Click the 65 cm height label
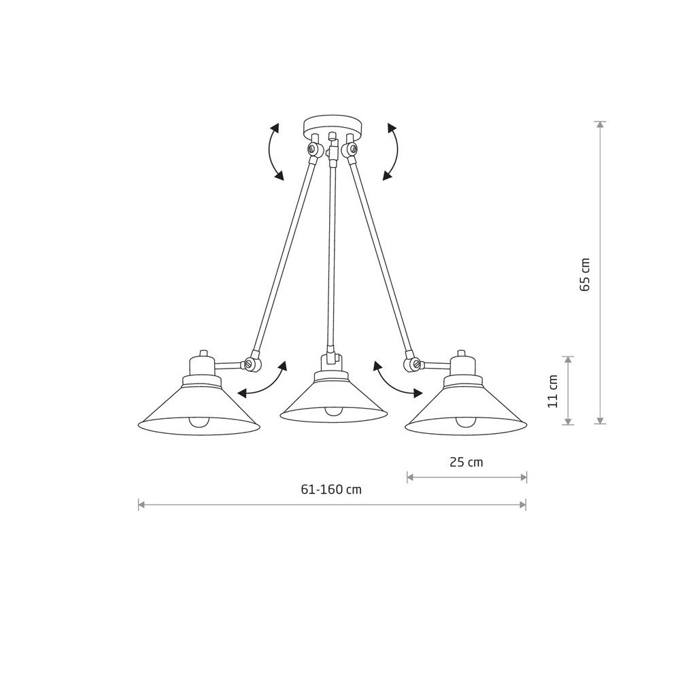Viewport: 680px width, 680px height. [x=585, y=275]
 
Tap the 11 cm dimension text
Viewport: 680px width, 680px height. [x=552, y=391]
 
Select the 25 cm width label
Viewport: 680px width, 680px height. [x=466, y=462]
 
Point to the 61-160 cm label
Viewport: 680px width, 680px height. [x=331, y=490]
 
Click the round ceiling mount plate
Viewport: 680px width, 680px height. [x=332, y=124]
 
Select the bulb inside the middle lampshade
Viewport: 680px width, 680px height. [x=333, y=411]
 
